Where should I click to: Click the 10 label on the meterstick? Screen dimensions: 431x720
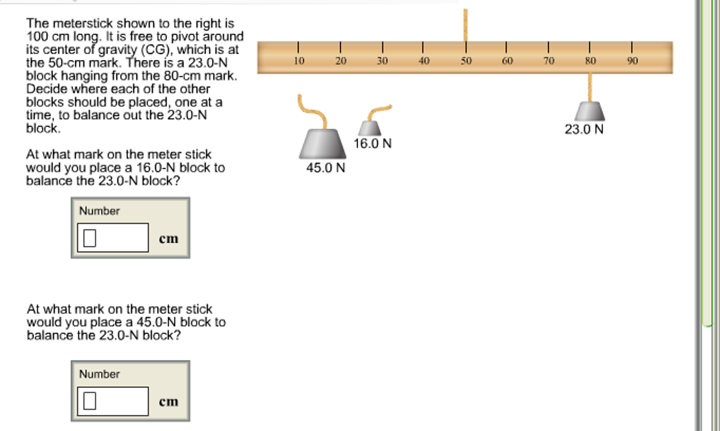(299, 61)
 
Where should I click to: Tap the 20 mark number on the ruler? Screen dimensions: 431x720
(341, 61)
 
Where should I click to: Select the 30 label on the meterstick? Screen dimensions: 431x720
(382, 61)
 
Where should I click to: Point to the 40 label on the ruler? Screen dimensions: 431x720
(424, 61)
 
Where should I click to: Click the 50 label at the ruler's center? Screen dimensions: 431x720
(466, 61)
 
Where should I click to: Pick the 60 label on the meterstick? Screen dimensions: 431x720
(507, 61)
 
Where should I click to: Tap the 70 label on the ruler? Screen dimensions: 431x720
(549, 61)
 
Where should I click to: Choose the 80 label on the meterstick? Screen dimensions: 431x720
(590, 61)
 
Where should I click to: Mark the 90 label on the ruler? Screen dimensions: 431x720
(632, 61)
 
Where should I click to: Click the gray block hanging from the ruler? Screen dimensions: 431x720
(590, 112)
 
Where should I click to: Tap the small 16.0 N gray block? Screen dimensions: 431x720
(370, 129)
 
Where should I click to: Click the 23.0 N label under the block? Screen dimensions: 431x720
(584, 130)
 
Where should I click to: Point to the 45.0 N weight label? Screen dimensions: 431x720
(326, 168)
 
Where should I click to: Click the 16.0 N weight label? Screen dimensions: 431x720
(372, 144)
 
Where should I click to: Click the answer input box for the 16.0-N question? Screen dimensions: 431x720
(113, 238)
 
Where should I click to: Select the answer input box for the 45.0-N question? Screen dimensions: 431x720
(113, 401)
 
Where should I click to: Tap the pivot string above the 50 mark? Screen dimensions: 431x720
(466, 25)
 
